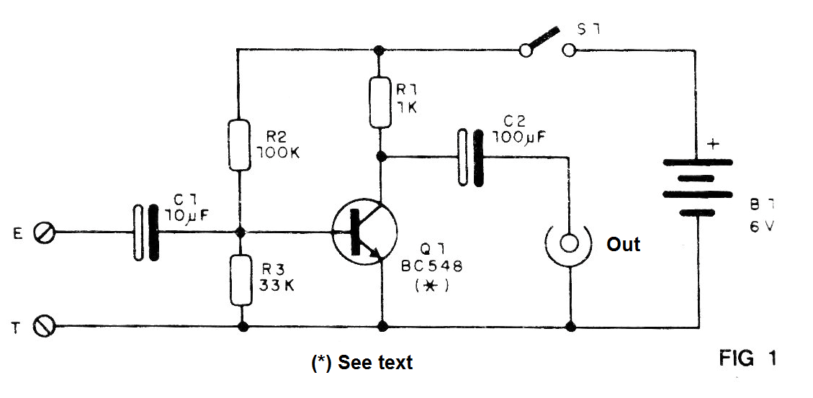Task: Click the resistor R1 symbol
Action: [381, 103]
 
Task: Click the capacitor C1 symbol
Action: [145, 232]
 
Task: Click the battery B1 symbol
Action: [698, 187]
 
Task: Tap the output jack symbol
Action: [569, 244]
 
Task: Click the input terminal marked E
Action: [43, 232]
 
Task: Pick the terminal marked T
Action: [43, 327]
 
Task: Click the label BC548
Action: [431, 266]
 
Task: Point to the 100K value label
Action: [278, 153]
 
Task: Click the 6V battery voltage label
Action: [761, 227]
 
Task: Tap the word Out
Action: [623, 243]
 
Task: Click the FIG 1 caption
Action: [747, 358]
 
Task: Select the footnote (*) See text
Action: [361, 362]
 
